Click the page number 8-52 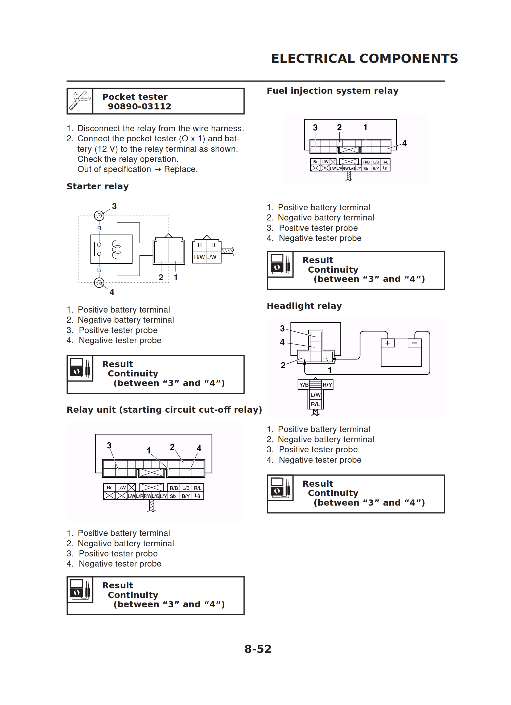(x=258, y=649)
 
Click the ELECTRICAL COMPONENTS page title (x=364, y=58)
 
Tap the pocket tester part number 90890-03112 (x=139, y=106)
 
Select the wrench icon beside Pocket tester (x=80, y=101)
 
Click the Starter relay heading (x=98, y=187)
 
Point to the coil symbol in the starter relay (x=117, y=249)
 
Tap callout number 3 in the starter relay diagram (x=114, y=206)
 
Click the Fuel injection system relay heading (x=332, y=91)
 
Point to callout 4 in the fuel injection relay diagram (x=404, y=143)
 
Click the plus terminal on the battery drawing (x=388, y=343)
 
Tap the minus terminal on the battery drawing (x=414, y=343)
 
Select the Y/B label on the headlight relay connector (x=304, y=385)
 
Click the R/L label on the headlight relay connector (x=315, y=404)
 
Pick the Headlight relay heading (x=304, y=306)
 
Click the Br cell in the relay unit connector (x=109, y=487)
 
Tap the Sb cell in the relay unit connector (x=173, y=496)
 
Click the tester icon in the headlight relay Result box (x=280, y=488)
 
